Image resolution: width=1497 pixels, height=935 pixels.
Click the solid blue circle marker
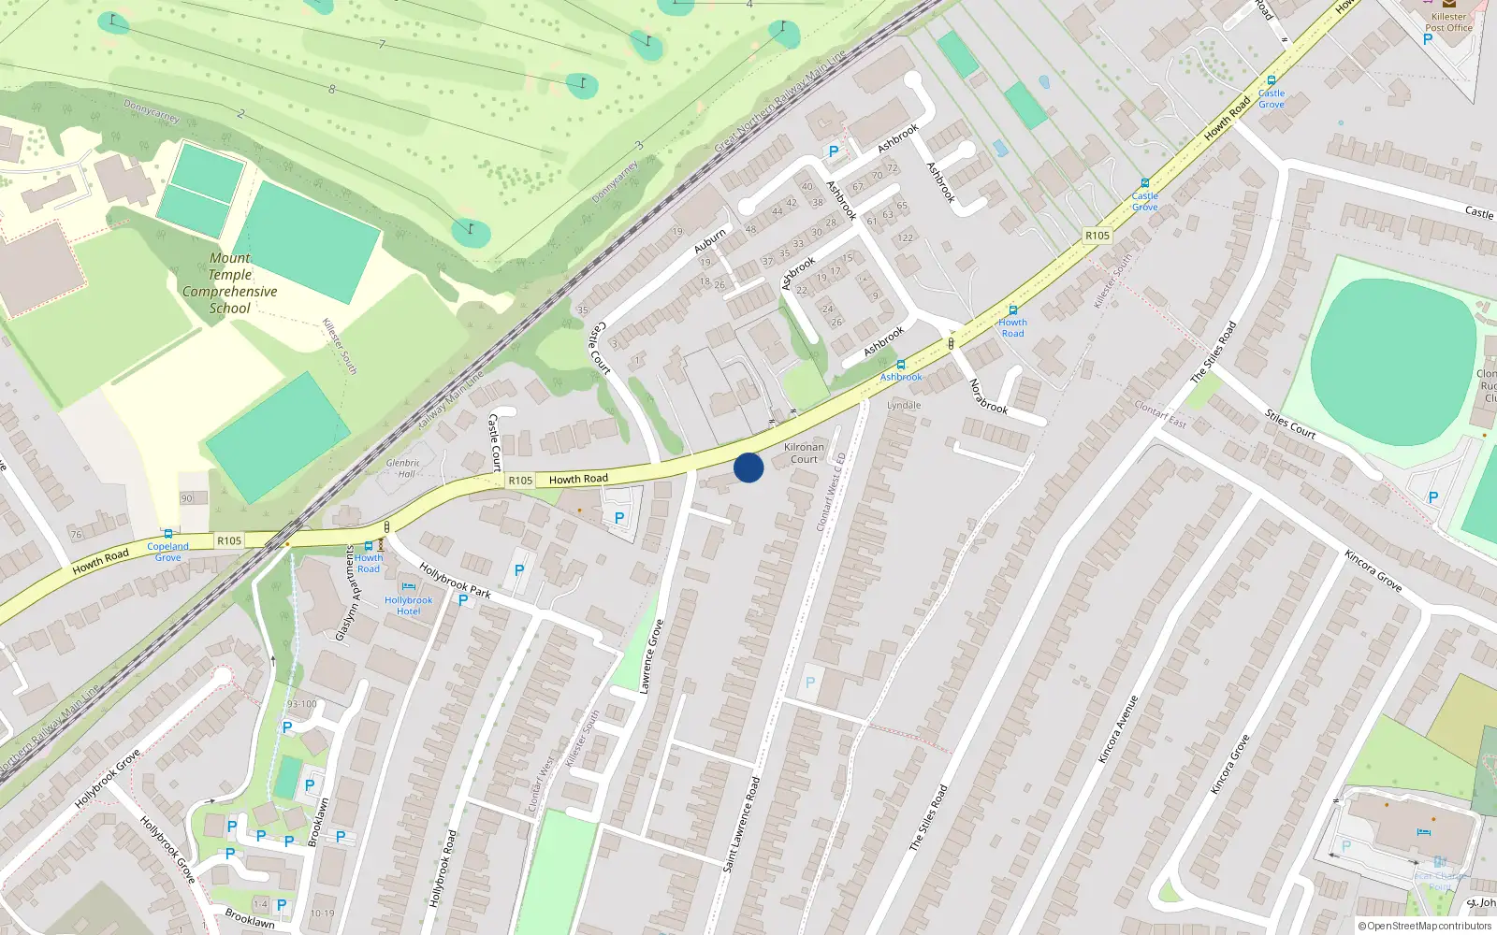748,467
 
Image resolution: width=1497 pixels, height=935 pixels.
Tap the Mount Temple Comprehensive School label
230,283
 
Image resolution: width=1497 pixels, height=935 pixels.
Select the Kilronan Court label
804,453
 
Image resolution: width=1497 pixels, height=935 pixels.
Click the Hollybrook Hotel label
408,606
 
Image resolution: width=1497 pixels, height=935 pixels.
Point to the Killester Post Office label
1448,22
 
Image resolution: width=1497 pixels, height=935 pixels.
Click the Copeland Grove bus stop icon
168,534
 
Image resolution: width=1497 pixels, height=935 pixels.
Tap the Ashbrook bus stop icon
901,365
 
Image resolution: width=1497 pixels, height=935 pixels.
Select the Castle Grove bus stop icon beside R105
1144,183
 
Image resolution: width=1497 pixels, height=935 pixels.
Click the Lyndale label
904,406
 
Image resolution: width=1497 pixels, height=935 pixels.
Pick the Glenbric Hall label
402,467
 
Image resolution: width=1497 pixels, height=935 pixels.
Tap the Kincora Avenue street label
1119,729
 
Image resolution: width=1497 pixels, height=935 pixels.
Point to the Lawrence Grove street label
651,656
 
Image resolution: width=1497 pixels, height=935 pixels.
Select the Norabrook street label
987,396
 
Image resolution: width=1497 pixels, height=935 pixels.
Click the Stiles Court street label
1290,424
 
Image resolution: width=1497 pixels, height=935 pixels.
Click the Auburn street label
710,241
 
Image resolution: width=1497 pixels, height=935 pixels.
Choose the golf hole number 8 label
331,90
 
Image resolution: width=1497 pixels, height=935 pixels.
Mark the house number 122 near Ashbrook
905,237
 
